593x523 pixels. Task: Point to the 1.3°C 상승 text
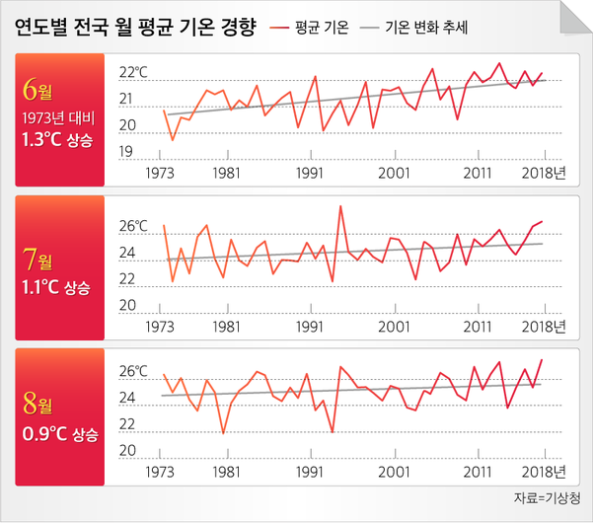pos(56,140)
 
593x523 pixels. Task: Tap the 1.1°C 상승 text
pos(56,288)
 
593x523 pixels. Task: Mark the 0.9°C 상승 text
pos(56,432)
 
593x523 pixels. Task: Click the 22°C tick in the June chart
pos(132,73)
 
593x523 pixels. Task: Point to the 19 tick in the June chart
pos(126,152)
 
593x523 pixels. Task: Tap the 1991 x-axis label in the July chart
pos(311,325)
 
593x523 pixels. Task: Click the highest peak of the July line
pos(340,206)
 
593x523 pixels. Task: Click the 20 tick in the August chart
pos(126,451)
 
